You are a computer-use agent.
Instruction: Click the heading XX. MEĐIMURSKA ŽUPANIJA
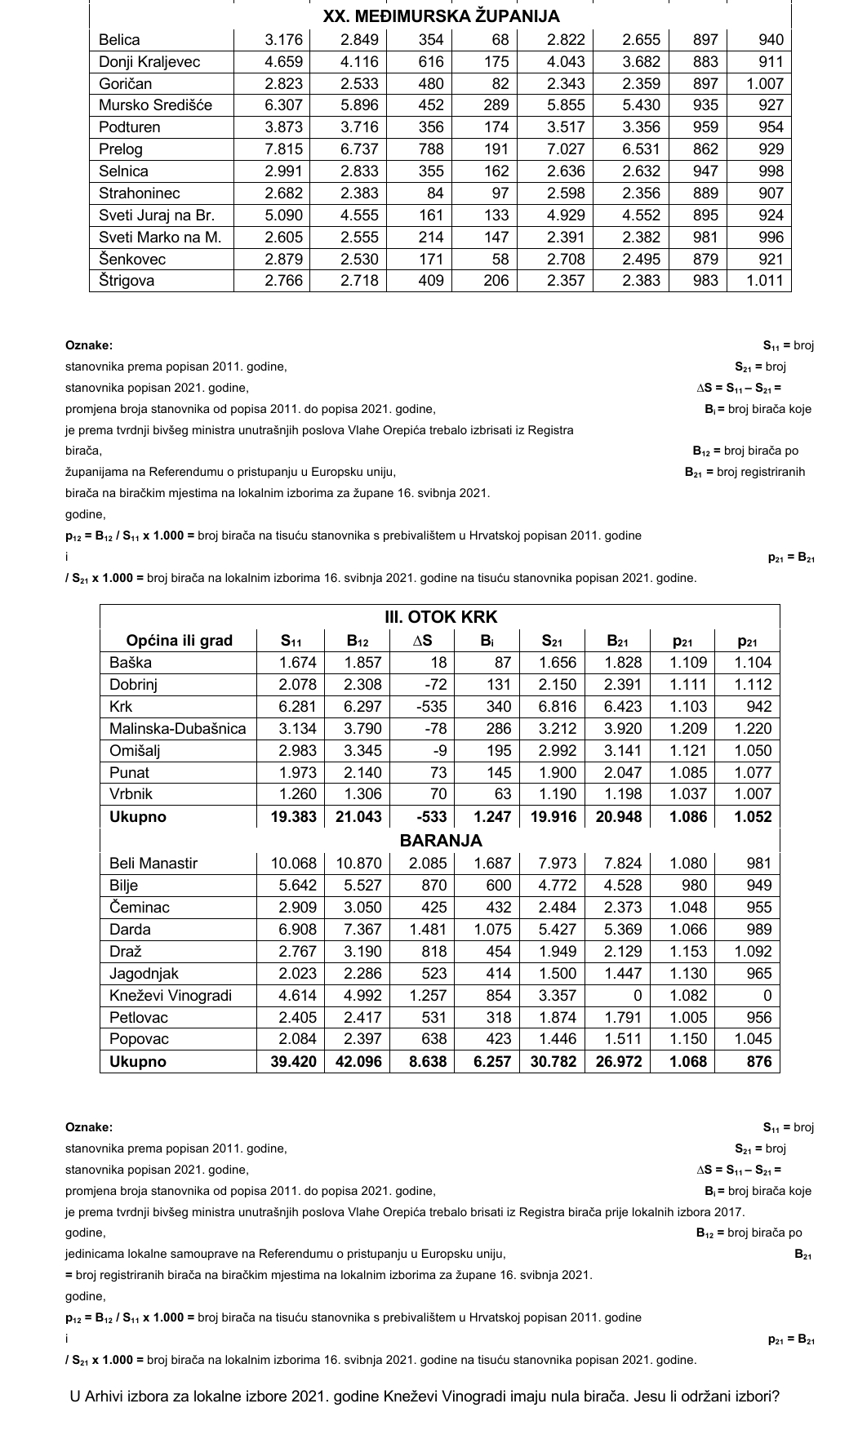tap(441, 16)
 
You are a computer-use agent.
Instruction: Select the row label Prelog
tap(121, 149)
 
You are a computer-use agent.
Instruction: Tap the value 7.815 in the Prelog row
tap(284, 149)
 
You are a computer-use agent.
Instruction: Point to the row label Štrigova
tap(127, 281)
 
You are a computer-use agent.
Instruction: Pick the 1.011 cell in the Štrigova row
tap(764, 281)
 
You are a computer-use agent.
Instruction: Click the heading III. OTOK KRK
tap(441, 617)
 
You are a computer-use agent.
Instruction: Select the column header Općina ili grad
tap(180, 641)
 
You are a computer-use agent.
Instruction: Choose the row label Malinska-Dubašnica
tap(178, 729)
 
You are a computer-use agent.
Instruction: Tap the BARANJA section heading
tap(441, 841)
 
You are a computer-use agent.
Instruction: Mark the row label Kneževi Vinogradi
tap(171, 996)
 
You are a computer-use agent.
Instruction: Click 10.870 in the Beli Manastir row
tap(359, 864)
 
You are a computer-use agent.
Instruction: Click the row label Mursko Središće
tap(155, 105)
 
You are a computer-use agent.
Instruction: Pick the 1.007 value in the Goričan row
tap(764, 83)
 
